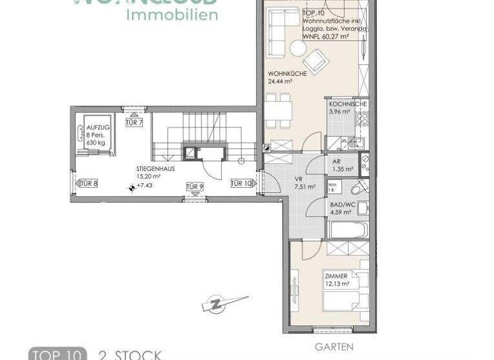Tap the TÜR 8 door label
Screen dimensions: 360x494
click(88, 183)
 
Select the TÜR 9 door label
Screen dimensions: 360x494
click(195, 186)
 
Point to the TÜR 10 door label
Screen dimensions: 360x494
click(241, 183)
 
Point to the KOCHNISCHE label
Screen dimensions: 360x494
click(347, 104)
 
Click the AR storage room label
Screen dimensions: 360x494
click(336, 161)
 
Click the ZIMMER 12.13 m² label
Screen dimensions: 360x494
click(336, 278)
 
